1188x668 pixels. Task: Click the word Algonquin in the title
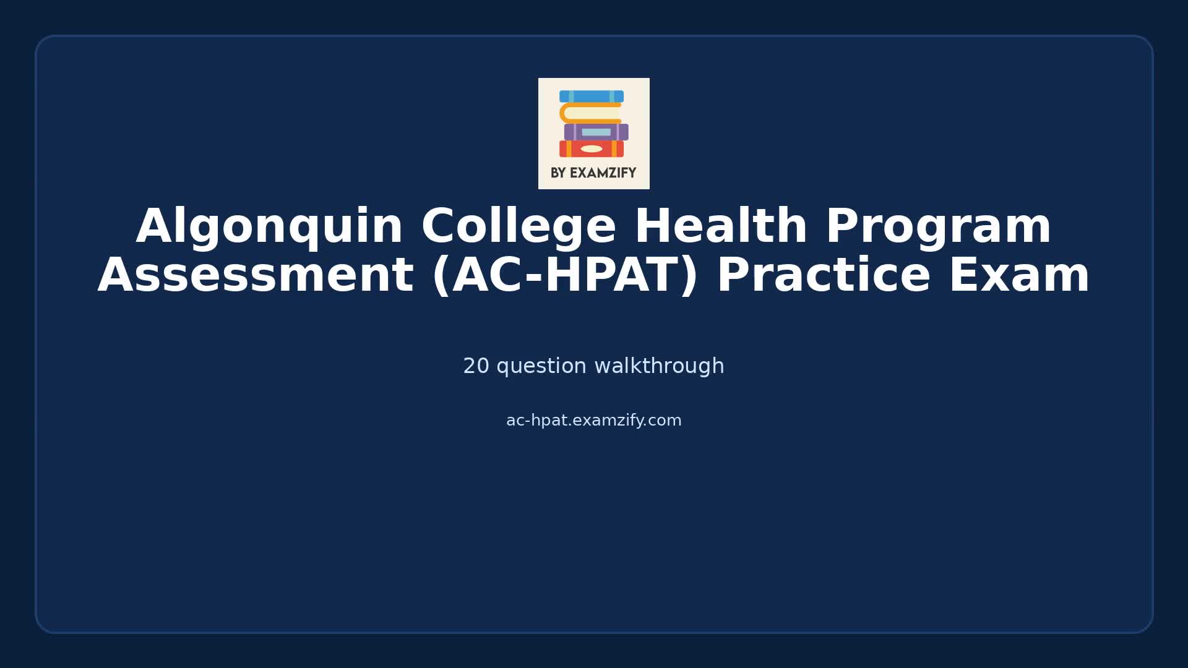(x=269, y=227)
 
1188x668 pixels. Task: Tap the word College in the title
(x=519, y=227)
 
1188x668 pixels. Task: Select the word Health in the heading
(x=721, y=227)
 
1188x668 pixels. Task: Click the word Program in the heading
(x=938, y=227)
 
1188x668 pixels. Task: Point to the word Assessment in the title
(x=255, y=276)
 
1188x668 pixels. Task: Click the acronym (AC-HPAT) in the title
(x=565, y=276)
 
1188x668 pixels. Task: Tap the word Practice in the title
(x=823, y=276)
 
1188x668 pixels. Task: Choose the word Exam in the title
(x=1018, y=276)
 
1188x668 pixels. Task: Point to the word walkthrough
(x=659, y=366)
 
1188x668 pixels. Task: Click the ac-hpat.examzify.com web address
(x=593, y=421)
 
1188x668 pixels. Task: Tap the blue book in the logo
(x=592, y=96)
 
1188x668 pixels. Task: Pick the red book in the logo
(x=572, y=149)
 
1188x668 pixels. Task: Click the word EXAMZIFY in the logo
(x=603, y=173)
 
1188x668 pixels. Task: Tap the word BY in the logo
(x=558, y=173)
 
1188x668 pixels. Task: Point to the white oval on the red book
(x=592, y=149)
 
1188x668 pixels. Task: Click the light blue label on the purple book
(x=596, y=132)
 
